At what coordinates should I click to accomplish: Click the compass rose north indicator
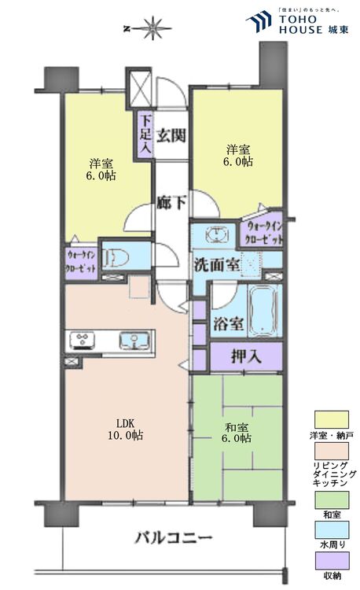pos(152,31)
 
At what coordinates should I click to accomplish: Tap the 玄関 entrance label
pos(171,135)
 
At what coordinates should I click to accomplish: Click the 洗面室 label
pos(217,265)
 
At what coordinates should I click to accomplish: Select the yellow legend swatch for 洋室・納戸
pos(331,419)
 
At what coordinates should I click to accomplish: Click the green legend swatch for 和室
pos(331,497)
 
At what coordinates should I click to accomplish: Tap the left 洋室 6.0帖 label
pos(101,169)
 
